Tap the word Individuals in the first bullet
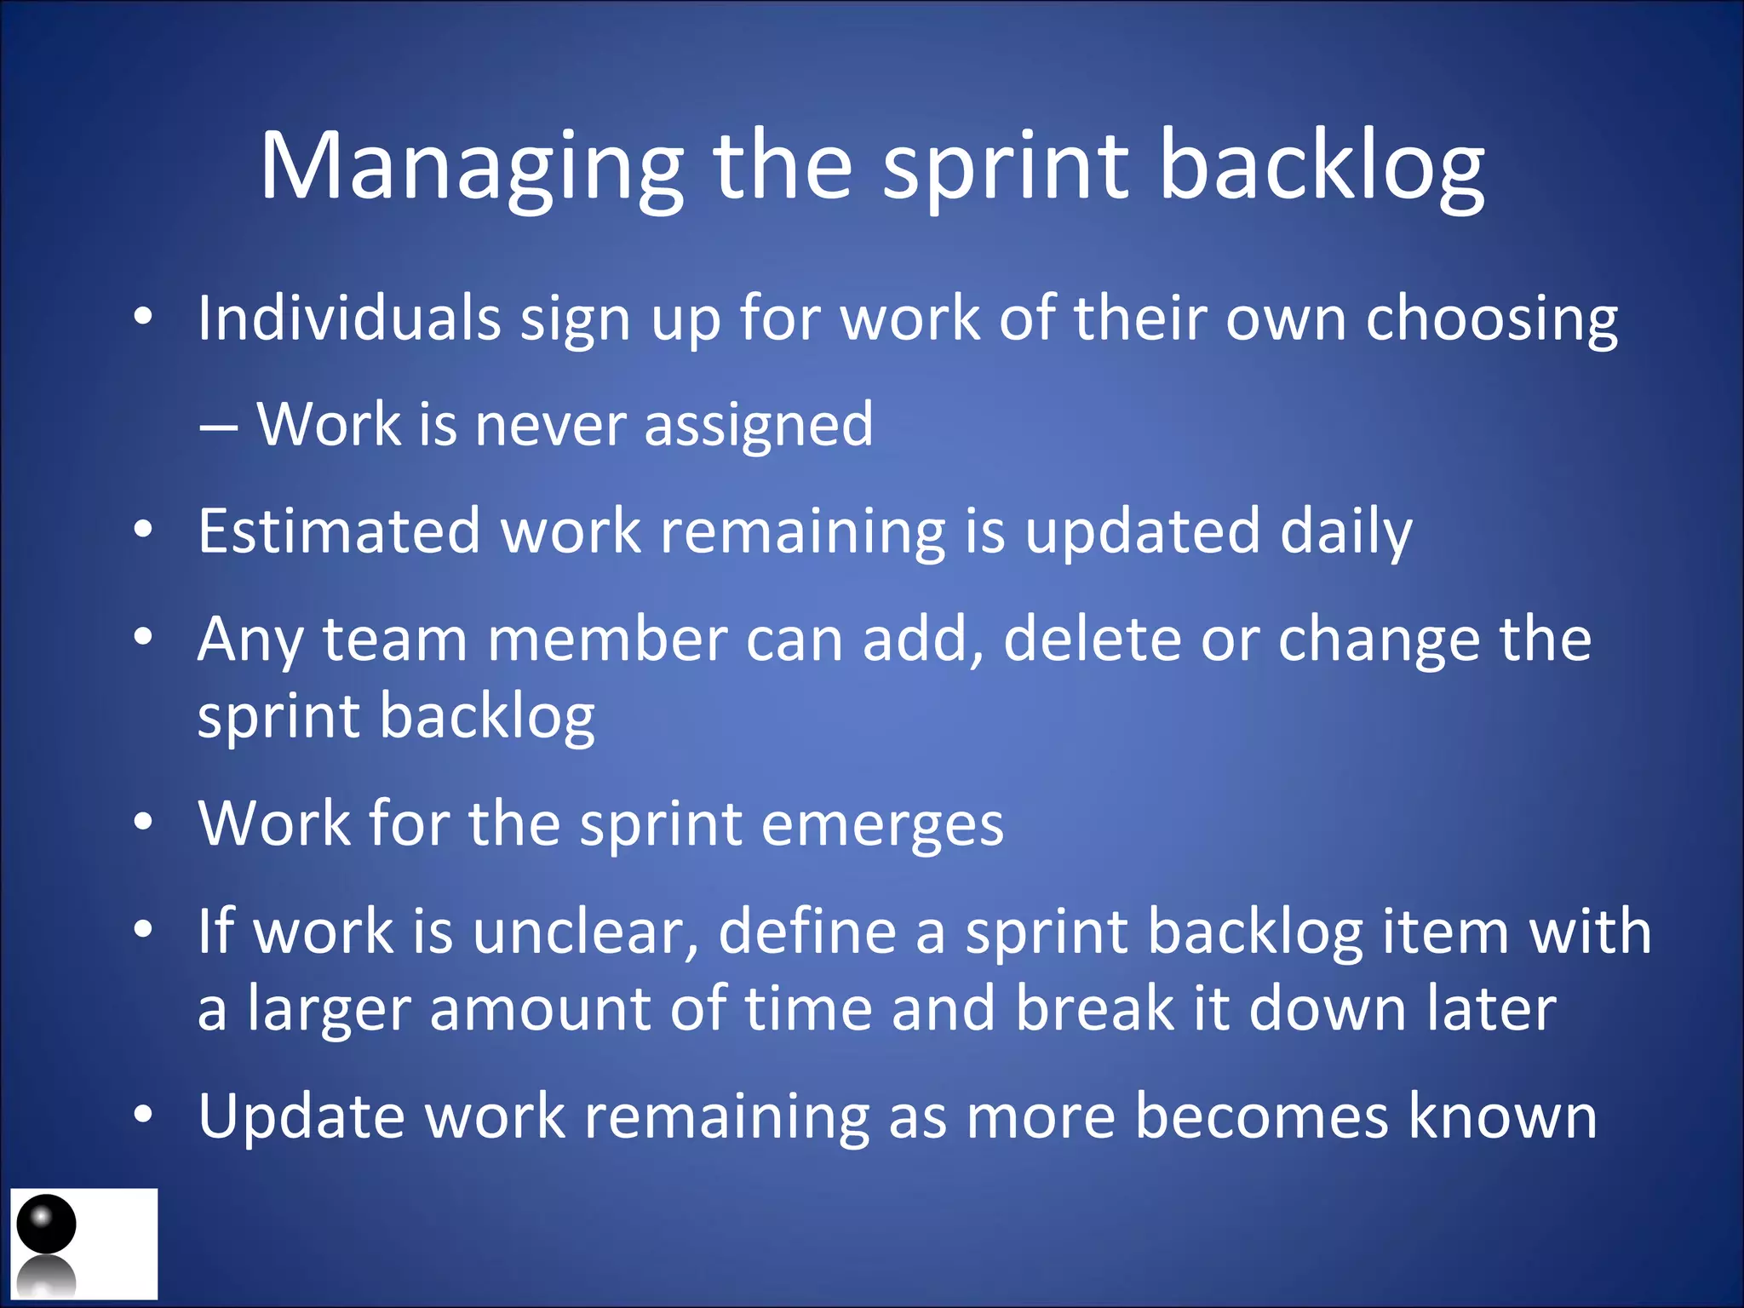349,318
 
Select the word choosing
1491,318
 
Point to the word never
550,424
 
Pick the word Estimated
339,531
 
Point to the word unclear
586,931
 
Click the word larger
329,1009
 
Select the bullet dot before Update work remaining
143,1114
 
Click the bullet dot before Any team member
143,636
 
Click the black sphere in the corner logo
47,1224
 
